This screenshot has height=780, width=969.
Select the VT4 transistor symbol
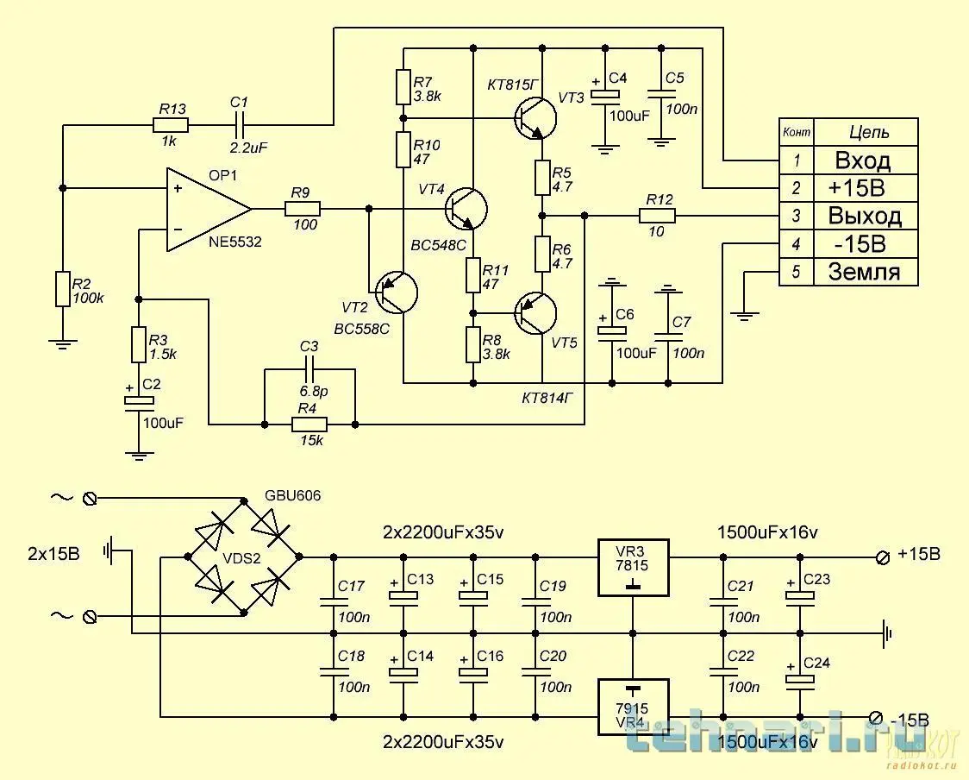[466, 208]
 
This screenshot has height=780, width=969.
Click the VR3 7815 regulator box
[634, 568]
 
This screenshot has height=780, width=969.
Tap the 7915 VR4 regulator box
[634, 706]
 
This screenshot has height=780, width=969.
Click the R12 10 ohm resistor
[658, 216]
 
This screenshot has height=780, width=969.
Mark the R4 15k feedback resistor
[309, 425]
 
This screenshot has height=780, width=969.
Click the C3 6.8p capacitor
[309, 369]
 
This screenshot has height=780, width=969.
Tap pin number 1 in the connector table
[797, 160]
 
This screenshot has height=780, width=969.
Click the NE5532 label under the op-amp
[234, 243]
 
